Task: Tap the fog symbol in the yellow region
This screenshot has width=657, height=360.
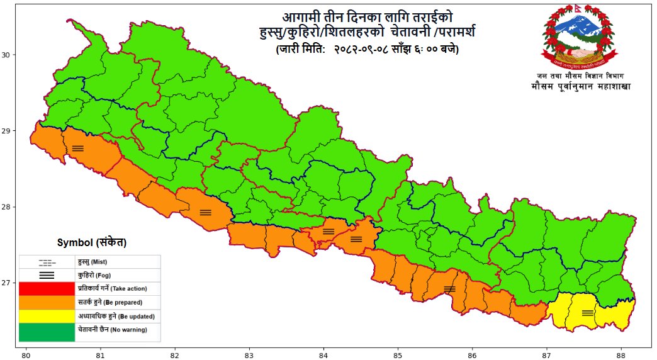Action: (x=588, y=313)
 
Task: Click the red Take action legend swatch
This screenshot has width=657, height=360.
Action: (x=47, y=289)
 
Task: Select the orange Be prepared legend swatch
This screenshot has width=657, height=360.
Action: (x=47, y=302)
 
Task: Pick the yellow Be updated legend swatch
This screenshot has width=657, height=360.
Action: (x=47, y=316)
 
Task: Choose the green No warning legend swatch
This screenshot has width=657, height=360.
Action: (x=47, y=332)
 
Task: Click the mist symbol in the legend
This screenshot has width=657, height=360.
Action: (x=47, y=261)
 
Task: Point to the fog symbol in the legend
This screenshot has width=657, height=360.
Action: (x=47, y=275)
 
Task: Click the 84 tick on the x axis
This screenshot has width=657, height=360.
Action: (x=323, y=353)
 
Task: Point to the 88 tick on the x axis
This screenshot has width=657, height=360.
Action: (x=621, y=353)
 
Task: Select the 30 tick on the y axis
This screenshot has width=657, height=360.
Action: (x=8, y=55)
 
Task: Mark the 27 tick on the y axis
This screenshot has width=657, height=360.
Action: (x=8, y=283)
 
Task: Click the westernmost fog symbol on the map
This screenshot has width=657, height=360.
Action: (x=77, y=149)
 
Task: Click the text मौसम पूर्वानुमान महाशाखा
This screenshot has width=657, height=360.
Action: (x=580, y=86)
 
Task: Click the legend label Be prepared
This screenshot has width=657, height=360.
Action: (x=112, y=302)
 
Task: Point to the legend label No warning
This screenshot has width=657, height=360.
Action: (x=112, y=329)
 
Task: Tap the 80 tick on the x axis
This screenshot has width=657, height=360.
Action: (x=26, y=353)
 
